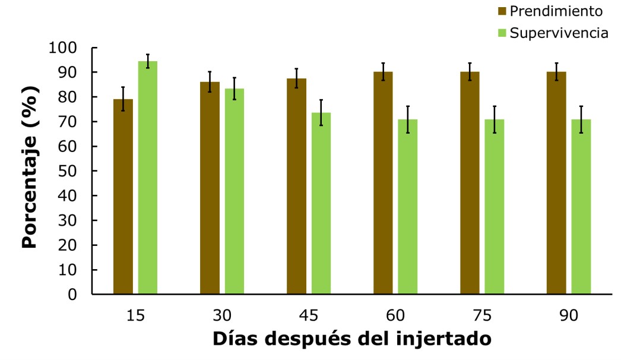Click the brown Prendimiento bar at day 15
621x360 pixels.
[123, 196]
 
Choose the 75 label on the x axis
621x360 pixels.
[482, 315]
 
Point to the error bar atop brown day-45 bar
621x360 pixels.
[296, 78]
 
